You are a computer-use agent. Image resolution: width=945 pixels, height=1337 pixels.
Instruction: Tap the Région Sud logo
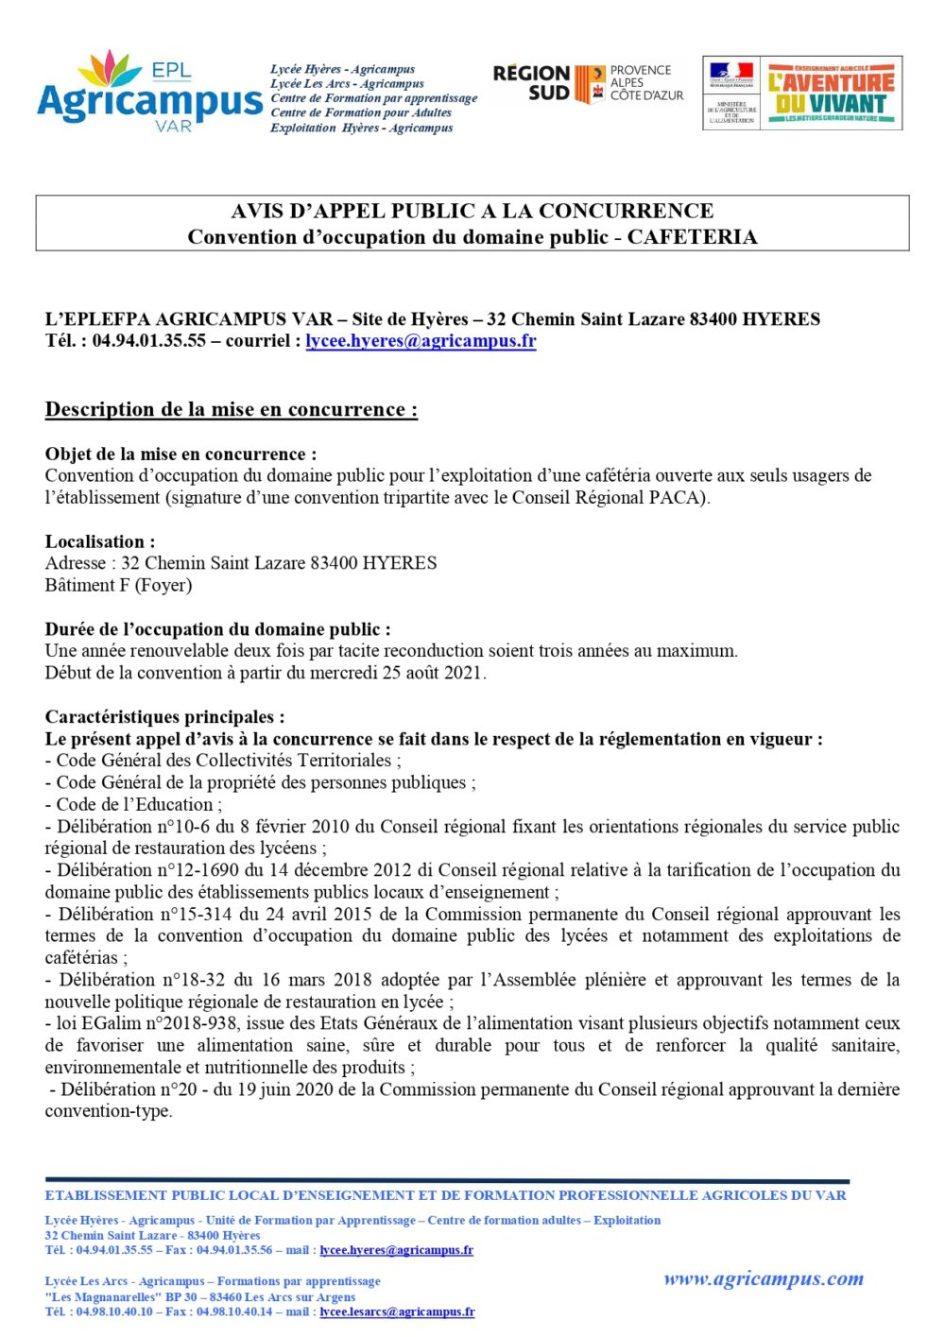(587, 83)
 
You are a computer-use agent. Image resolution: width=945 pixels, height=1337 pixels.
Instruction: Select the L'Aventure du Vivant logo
(831, 93)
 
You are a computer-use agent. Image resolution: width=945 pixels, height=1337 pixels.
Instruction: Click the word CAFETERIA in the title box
(692, 237)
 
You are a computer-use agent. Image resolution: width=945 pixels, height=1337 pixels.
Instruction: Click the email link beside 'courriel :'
(421, 341)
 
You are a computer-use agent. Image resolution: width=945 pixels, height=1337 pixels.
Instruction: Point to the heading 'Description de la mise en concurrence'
(231, 410)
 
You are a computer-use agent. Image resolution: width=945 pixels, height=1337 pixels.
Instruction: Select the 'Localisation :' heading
(100, 541)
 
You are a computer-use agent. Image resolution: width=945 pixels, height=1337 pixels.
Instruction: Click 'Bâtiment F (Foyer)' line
(118, 585)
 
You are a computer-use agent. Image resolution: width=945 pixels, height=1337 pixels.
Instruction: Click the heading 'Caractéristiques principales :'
(164, 717)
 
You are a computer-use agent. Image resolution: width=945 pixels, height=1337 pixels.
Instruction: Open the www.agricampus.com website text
(763, 1279)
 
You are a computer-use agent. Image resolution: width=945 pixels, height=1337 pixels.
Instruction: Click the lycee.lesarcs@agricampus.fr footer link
(397, 1311)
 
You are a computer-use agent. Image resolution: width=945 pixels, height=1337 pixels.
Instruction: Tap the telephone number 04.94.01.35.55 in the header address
(149, 341)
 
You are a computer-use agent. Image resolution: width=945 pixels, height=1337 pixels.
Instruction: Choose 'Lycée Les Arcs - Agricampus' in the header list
(347, 83)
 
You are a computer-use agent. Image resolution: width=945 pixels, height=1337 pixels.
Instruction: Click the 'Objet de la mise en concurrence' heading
(180, 454)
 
